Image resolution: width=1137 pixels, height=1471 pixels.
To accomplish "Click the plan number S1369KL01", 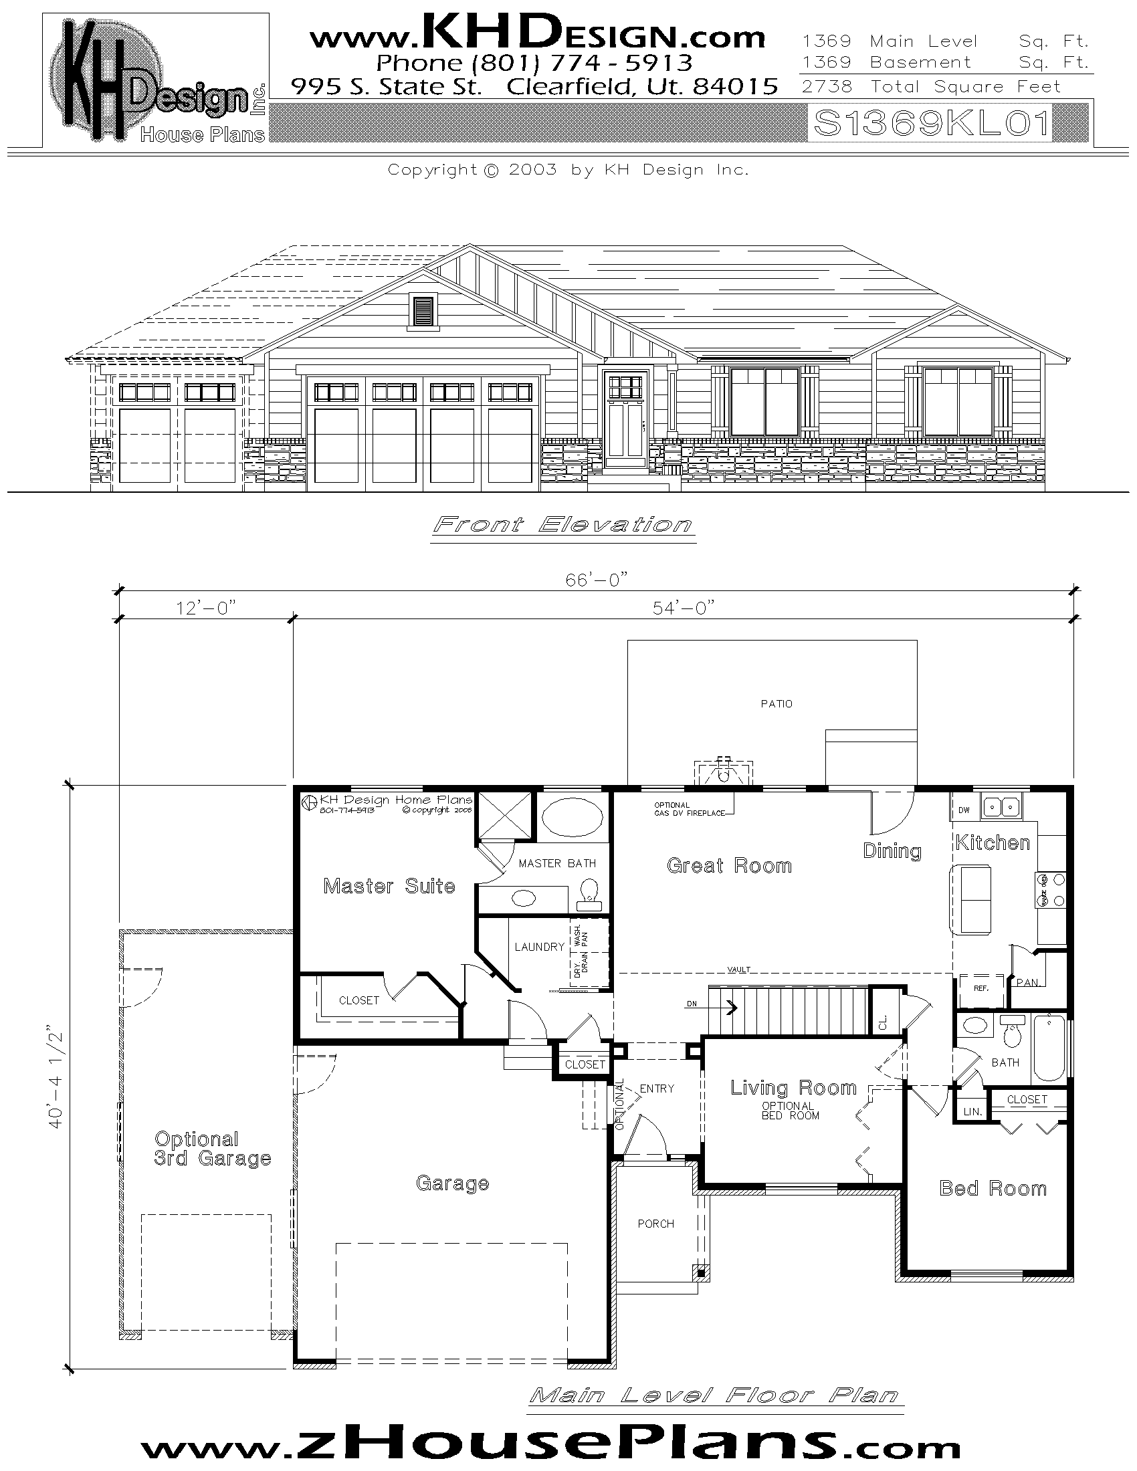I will (932, 123).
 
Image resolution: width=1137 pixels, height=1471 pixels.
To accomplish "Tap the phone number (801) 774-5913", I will (534, 63).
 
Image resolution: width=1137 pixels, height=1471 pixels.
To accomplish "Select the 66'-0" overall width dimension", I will (596, 579).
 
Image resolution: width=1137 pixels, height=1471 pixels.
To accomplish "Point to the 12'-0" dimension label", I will (206, 608).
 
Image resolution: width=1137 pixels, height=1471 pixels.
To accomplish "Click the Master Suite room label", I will (389, 886).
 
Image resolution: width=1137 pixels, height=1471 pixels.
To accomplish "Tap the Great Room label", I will (729, 865).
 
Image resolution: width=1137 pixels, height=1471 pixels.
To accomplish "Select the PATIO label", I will (776, 704).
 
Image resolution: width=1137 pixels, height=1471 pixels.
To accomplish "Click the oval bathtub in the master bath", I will (573, 818).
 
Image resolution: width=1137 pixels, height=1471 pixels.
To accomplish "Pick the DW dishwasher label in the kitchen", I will (964, 810).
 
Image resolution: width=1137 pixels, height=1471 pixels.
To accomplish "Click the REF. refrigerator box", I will (980, 988).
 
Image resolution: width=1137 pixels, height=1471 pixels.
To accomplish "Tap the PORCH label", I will (655, 1224).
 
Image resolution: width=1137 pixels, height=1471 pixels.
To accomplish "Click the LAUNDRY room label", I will (539, 947).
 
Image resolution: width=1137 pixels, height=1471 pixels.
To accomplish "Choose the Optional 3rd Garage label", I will (211, 1148).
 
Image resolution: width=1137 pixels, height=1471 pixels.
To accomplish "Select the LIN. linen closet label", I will (972, 1112).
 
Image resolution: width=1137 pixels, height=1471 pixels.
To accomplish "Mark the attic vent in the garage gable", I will (423, 311).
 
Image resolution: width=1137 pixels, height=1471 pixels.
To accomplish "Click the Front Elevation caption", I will (562, 524).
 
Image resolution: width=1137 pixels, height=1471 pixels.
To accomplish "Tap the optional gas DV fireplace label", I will (688, 809).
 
